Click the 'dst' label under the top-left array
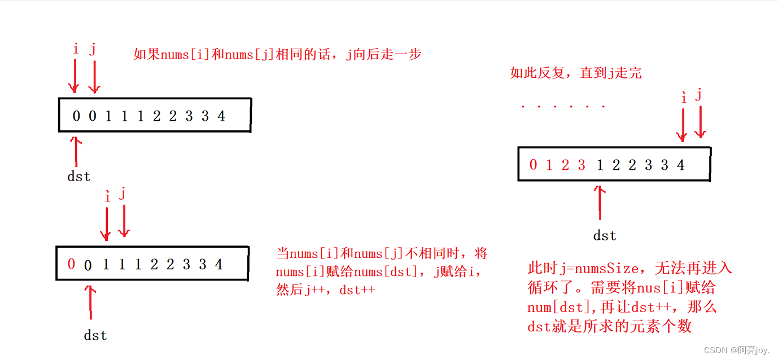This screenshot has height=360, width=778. [x=78, y=176]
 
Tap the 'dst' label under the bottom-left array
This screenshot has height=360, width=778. [x=95, y=335]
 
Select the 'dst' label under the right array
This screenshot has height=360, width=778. [x=605, y=235]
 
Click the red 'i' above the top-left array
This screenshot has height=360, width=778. [x=76, y=49]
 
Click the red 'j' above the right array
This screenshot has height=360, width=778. [x=699, y=94]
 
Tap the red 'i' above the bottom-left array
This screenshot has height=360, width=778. [x=107, y=196]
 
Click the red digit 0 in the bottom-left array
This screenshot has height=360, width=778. [x=71, y=264]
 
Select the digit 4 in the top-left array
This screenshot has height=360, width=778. [x=221, y=116]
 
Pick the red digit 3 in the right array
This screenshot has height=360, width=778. [x=582, y=165]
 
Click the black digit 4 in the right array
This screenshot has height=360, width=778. [x=681, y=165]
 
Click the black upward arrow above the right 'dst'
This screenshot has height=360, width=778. [x=600, y=202]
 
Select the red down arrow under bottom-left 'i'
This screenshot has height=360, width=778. [x=106, y=223]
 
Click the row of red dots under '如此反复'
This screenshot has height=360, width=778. [x=562, y=106]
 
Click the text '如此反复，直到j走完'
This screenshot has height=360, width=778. [x=576, y=73]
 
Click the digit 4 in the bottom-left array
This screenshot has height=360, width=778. [x=218, y=264]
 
